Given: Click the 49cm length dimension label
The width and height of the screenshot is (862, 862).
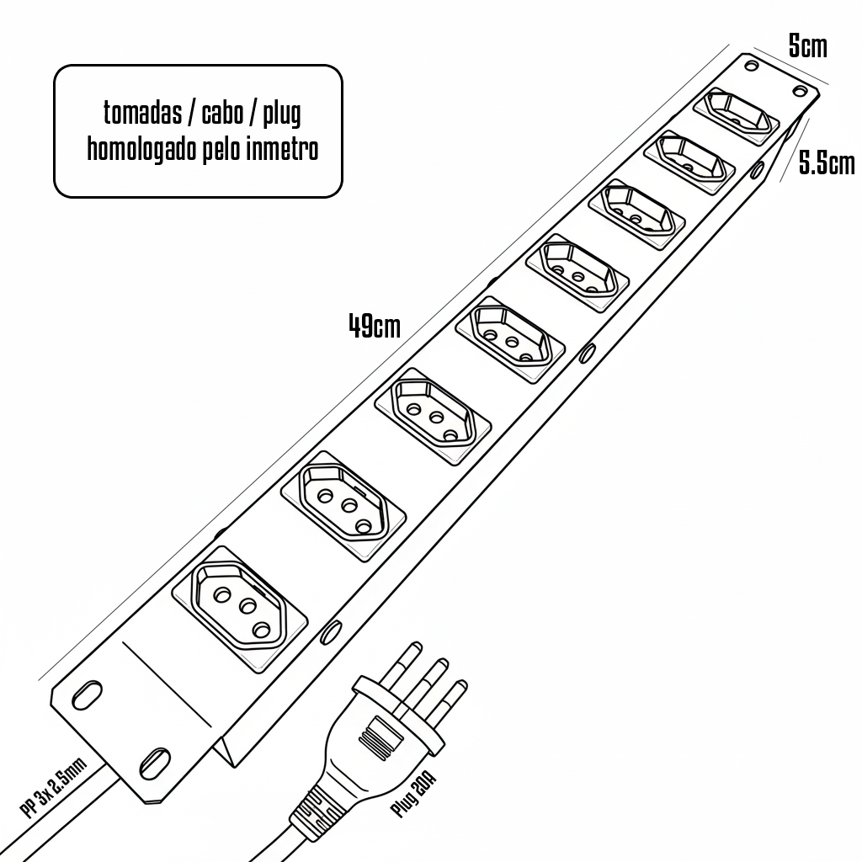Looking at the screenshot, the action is point(375,326).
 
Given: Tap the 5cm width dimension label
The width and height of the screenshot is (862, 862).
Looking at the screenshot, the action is point(807,46).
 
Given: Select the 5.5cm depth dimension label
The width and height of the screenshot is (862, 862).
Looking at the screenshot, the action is point(827,163).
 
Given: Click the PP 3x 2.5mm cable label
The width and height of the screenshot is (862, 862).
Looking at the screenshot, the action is point(53,788).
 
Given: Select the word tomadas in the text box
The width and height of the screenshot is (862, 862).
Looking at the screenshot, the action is point(142,113).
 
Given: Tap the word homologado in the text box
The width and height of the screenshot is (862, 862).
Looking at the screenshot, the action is point(142,149).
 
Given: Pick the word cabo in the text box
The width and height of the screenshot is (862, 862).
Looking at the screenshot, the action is point(222,113).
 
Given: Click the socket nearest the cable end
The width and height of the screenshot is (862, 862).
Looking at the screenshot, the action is point(239,609).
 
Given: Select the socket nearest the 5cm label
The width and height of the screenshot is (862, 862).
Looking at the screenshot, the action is point(736,115).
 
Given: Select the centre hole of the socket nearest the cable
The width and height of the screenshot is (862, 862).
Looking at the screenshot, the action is point(248,607).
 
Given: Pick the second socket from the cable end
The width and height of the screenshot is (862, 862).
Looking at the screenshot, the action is point(343,506).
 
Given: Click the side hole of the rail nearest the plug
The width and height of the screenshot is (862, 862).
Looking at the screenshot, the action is point(330,631).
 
